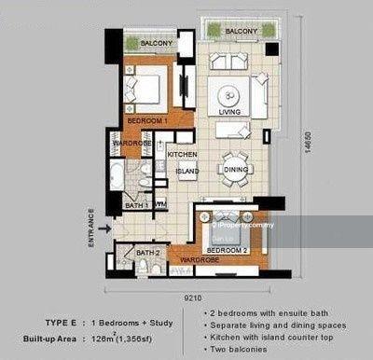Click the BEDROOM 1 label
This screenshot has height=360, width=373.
145,120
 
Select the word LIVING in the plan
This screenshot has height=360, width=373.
229,113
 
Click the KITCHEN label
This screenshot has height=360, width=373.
181,153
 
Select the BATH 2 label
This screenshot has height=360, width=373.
146,252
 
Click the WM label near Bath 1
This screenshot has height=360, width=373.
160,203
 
